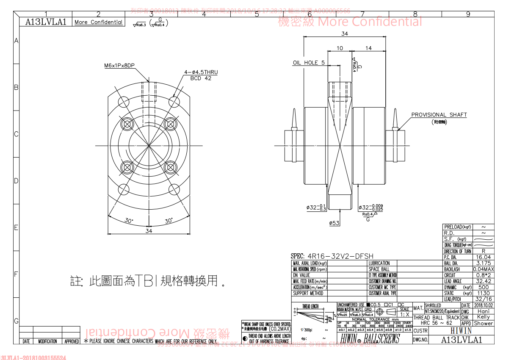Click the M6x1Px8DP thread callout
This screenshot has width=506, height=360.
point(119,66)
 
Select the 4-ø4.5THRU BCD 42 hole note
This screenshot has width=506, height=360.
point(201,75)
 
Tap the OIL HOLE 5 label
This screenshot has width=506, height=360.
point(309,63)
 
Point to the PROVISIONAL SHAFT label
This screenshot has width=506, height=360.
point(439,115)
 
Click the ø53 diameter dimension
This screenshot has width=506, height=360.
point(334,223)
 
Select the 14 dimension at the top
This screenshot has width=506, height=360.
point(368,48)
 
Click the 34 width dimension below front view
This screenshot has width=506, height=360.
point(149,231)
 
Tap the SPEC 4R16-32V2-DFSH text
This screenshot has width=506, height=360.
point(332,256)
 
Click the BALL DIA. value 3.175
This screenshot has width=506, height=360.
point(483,263)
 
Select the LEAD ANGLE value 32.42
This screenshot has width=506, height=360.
point(483,281)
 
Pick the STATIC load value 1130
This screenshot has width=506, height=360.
point(483,293)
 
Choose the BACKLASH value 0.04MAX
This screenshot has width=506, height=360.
point(483,269)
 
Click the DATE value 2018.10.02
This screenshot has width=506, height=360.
point(483,305)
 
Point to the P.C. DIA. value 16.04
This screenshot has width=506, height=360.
point(483,257)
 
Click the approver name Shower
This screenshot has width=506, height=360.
point(483,323)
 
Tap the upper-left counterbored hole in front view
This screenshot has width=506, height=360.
point(127,124)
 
